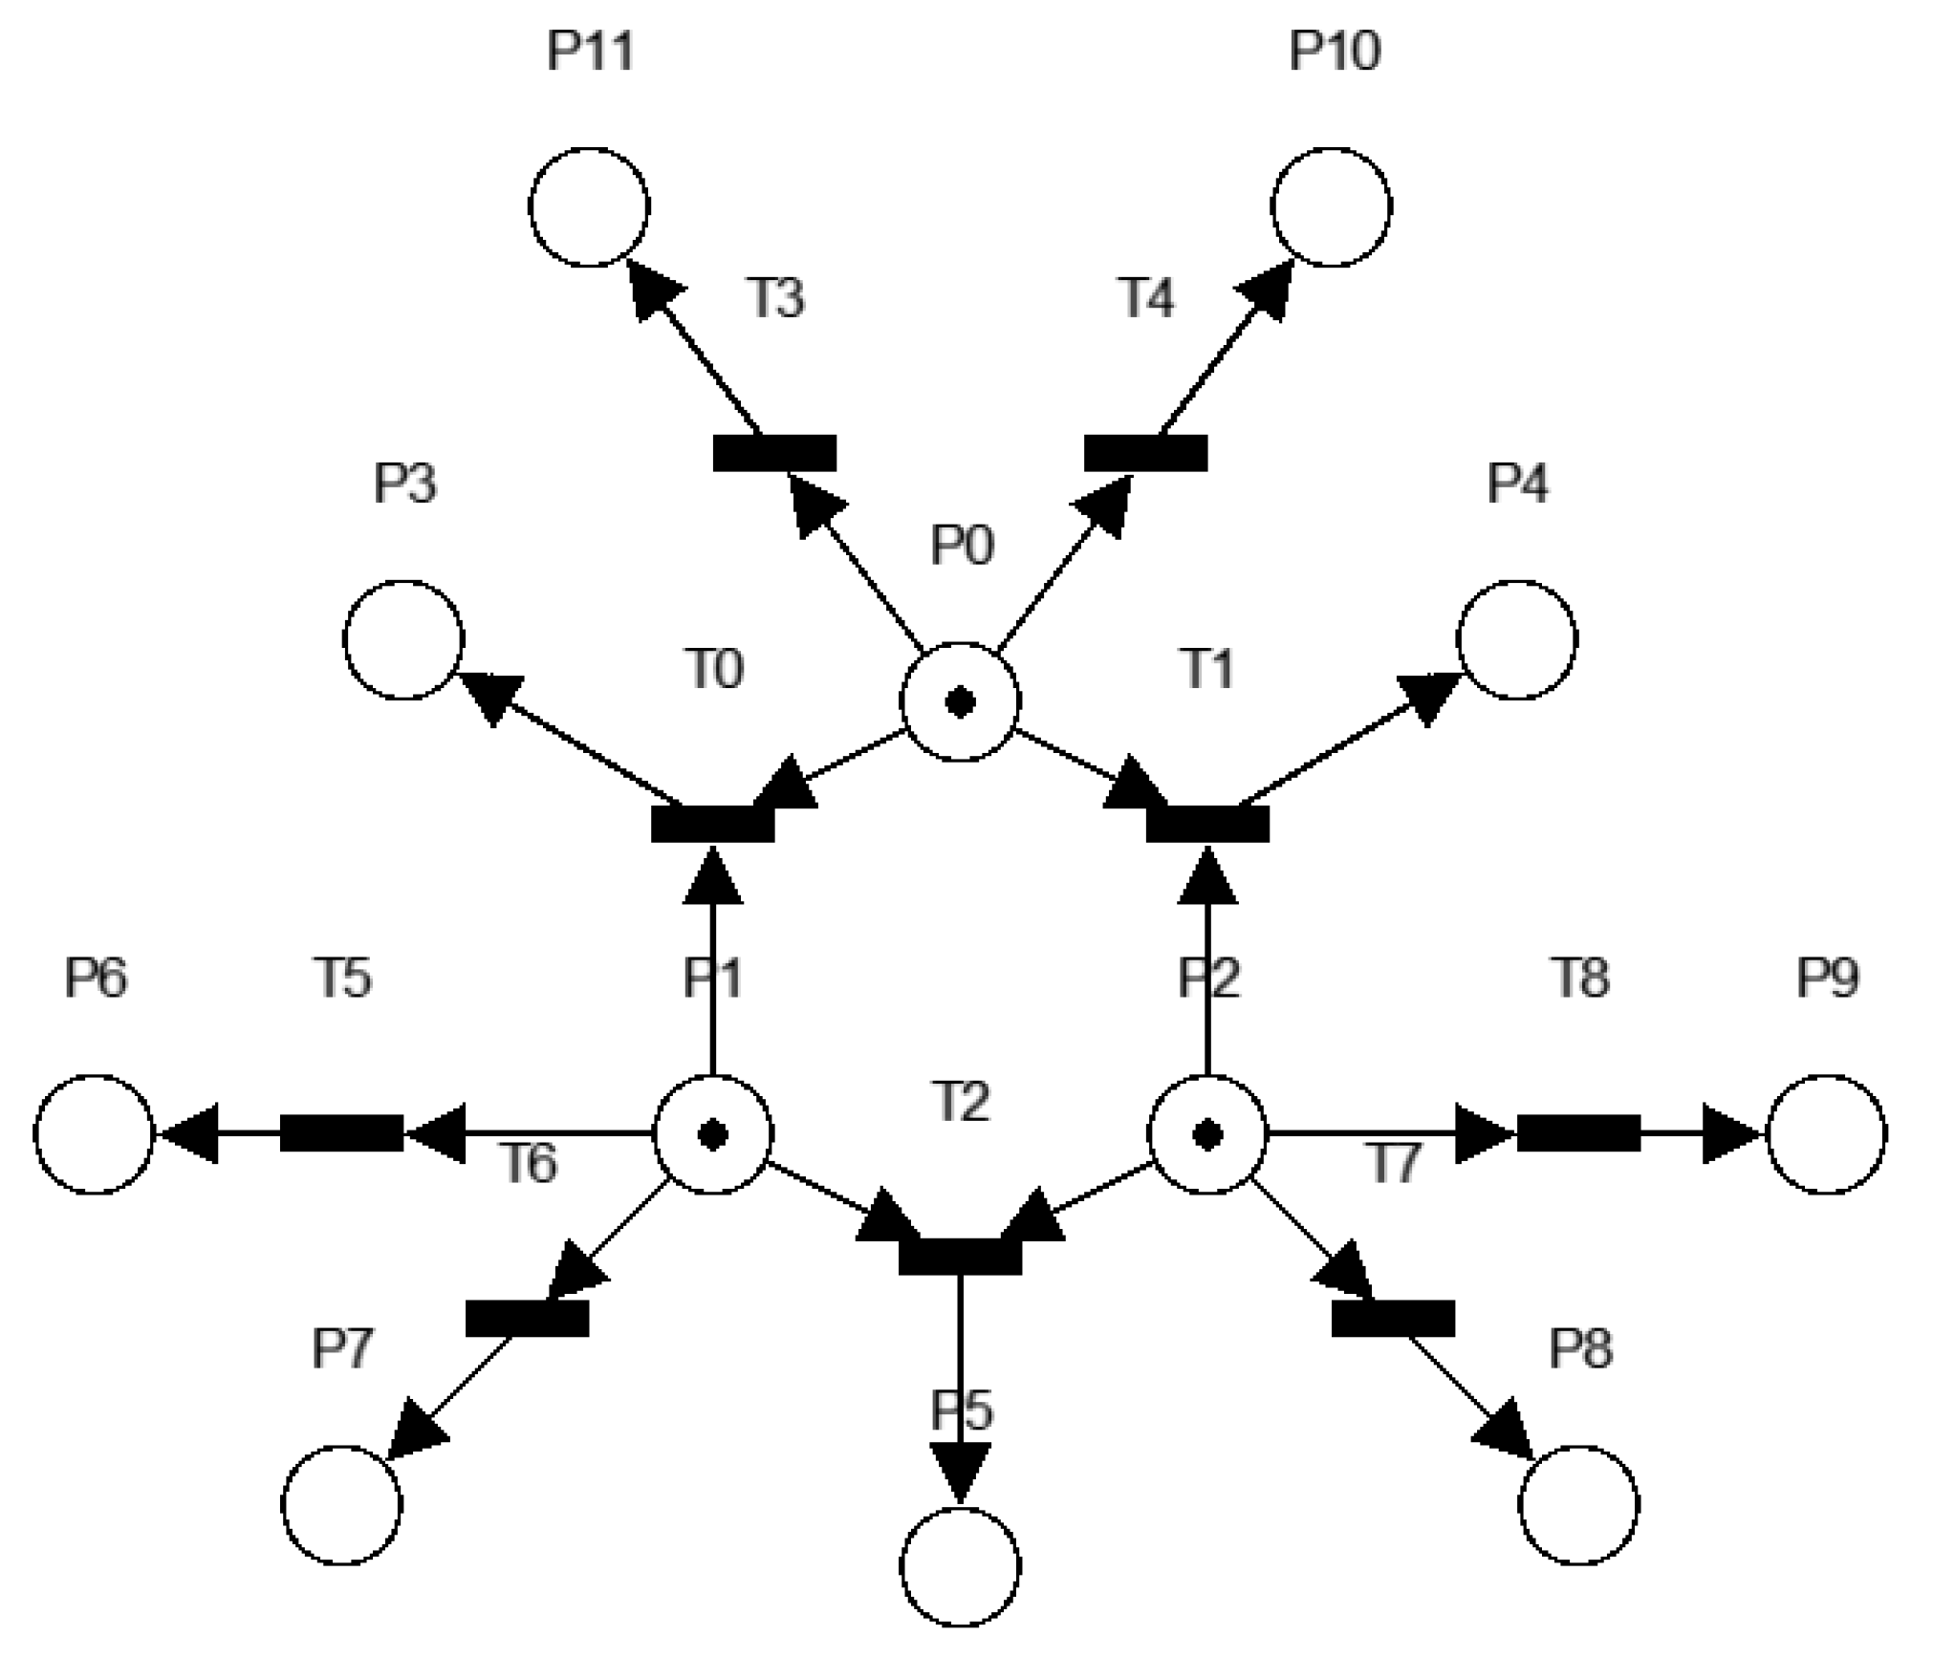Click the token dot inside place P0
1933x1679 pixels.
pyautogui.click(x=960, y=703)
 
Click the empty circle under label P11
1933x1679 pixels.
pyautogui.click(x=589, y=207)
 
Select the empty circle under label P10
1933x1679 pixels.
pyautogui.click(x=1331, y=207)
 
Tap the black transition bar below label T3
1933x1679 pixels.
pyautogui.click(x=774, y=453)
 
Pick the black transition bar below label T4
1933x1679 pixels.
pyautogui.click(x=1145, y=453)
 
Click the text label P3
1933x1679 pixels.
pyautogui.click(x=404, y=484)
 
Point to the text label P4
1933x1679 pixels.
pyautogui.click(x=1517, y=484)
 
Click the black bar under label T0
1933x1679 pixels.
pyautogui.click(x=712, y=824)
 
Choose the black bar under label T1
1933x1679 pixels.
pyautogui.click(x=1207, y=824)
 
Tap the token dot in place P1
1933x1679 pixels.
pyautogui.click(x=712, y=1135)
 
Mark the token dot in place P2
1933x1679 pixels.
pyautogui.click(x=1207, y=1135)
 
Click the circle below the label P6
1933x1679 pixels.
pyautogui.click(x=94, y=1134)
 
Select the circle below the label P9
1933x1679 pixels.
pyautogui.click(x=1826, y=1134)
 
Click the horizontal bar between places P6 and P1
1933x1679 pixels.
pyautogui.click(x=341, y=1133)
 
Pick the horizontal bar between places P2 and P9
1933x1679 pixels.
pyautogui.click(x=1578, y=1133)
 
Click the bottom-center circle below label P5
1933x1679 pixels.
pyautogui.click(x=960, y=1567)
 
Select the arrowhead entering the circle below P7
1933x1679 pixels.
pyautogui.click(x=415, y=1431)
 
